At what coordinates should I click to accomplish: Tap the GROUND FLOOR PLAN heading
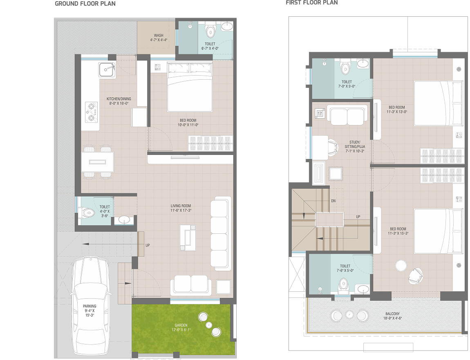85,4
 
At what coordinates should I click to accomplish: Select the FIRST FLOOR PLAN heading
312,3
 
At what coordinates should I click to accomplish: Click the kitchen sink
107,69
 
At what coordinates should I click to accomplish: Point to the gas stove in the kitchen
91,112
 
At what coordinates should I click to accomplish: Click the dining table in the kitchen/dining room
97,162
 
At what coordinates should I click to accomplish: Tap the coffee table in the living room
188,237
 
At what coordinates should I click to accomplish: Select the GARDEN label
181,325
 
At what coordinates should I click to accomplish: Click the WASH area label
159,36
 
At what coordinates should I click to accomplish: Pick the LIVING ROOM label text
181,206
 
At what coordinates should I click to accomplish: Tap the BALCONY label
393,314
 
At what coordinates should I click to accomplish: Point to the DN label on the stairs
333,201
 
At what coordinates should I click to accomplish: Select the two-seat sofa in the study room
347,115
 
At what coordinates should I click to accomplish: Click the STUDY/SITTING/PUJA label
355,147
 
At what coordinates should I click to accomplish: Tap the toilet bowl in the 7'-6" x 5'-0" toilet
343,286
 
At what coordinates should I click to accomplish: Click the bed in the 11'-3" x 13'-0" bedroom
438,103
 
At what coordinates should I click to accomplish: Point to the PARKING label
90,306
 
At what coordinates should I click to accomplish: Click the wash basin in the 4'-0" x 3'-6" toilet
123,220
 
